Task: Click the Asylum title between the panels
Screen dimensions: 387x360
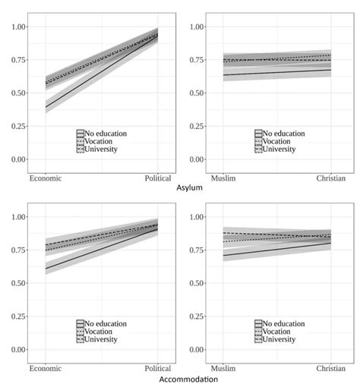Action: pos(189,187)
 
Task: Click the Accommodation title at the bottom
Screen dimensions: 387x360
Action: pos(189,378)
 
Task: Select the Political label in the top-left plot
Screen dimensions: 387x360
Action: pos(157,178)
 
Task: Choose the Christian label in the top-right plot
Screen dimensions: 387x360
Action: pos(330,178)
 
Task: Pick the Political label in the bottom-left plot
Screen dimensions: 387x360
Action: pos(157,369)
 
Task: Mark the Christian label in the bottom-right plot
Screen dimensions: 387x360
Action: pos(330,369)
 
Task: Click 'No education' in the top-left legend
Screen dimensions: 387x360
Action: pos(106,134)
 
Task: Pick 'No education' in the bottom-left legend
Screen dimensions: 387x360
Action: pos(106,324)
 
